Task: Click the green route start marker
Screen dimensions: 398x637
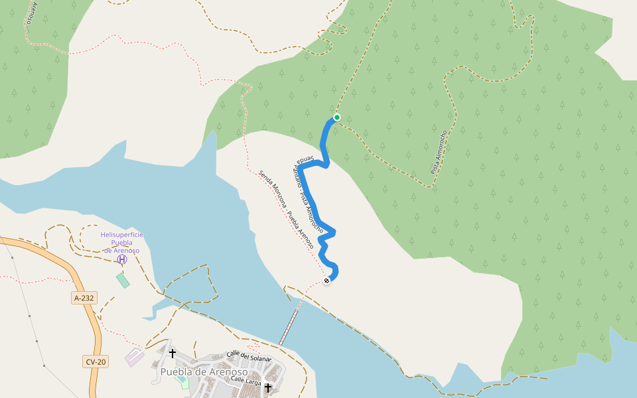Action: (336, 117)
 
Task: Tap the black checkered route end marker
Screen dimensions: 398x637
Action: (326, 281)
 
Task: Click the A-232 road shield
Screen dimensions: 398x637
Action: (84, 298)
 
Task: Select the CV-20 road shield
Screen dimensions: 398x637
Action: (96, 362)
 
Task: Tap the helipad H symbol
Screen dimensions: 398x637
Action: (122, 259)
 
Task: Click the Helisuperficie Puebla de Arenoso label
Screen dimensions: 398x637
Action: (121, 243)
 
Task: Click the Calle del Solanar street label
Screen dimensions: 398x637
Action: (249, 356)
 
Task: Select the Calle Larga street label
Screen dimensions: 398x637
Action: (246, 380)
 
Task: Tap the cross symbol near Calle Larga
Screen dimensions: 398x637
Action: (268, 387)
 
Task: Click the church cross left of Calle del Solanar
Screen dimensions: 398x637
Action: (173, 354)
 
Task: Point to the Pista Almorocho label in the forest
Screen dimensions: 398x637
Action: (439, 152)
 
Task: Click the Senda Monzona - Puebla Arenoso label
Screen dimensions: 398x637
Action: (286, 209)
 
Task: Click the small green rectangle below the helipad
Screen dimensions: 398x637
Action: (123, 280)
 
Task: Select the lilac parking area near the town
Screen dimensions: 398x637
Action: (134, 356)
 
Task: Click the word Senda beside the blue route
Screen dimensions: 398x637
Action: (305, 159)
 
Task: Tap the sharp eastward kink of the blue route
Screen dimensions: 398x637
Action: (332, 232)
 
